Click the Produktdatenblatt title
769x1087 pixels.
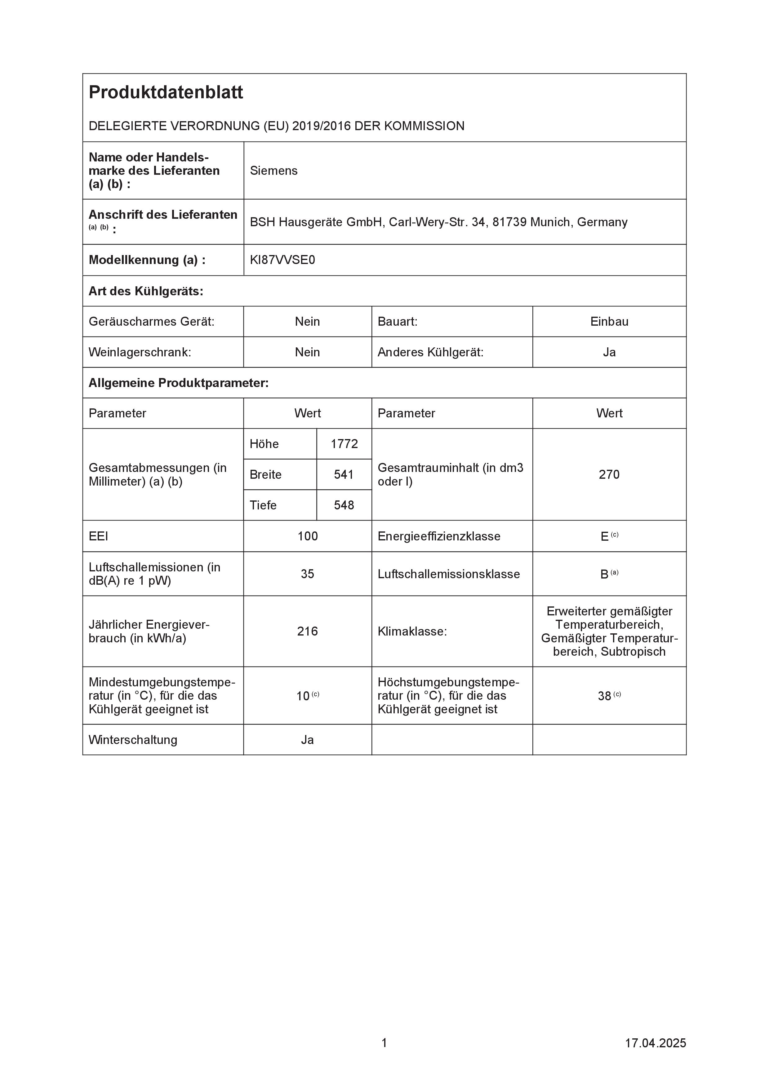point(166,92)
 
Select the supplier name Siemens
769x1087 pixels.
point(273,171)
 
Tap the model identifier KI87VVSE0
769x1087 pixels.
point(282,260)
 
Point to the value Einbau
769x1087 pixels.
point(609,322)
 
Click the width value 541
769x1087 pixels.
point(344,475)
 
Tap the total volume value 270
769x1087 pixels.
point(609,475)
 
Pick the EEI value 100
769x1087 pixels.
point(308,536)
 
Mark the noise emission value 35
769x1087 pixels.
point(308,574)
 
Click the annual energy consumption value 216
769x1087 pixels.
point(308,632)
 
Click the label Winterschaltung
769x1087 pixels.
point(133,740)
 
